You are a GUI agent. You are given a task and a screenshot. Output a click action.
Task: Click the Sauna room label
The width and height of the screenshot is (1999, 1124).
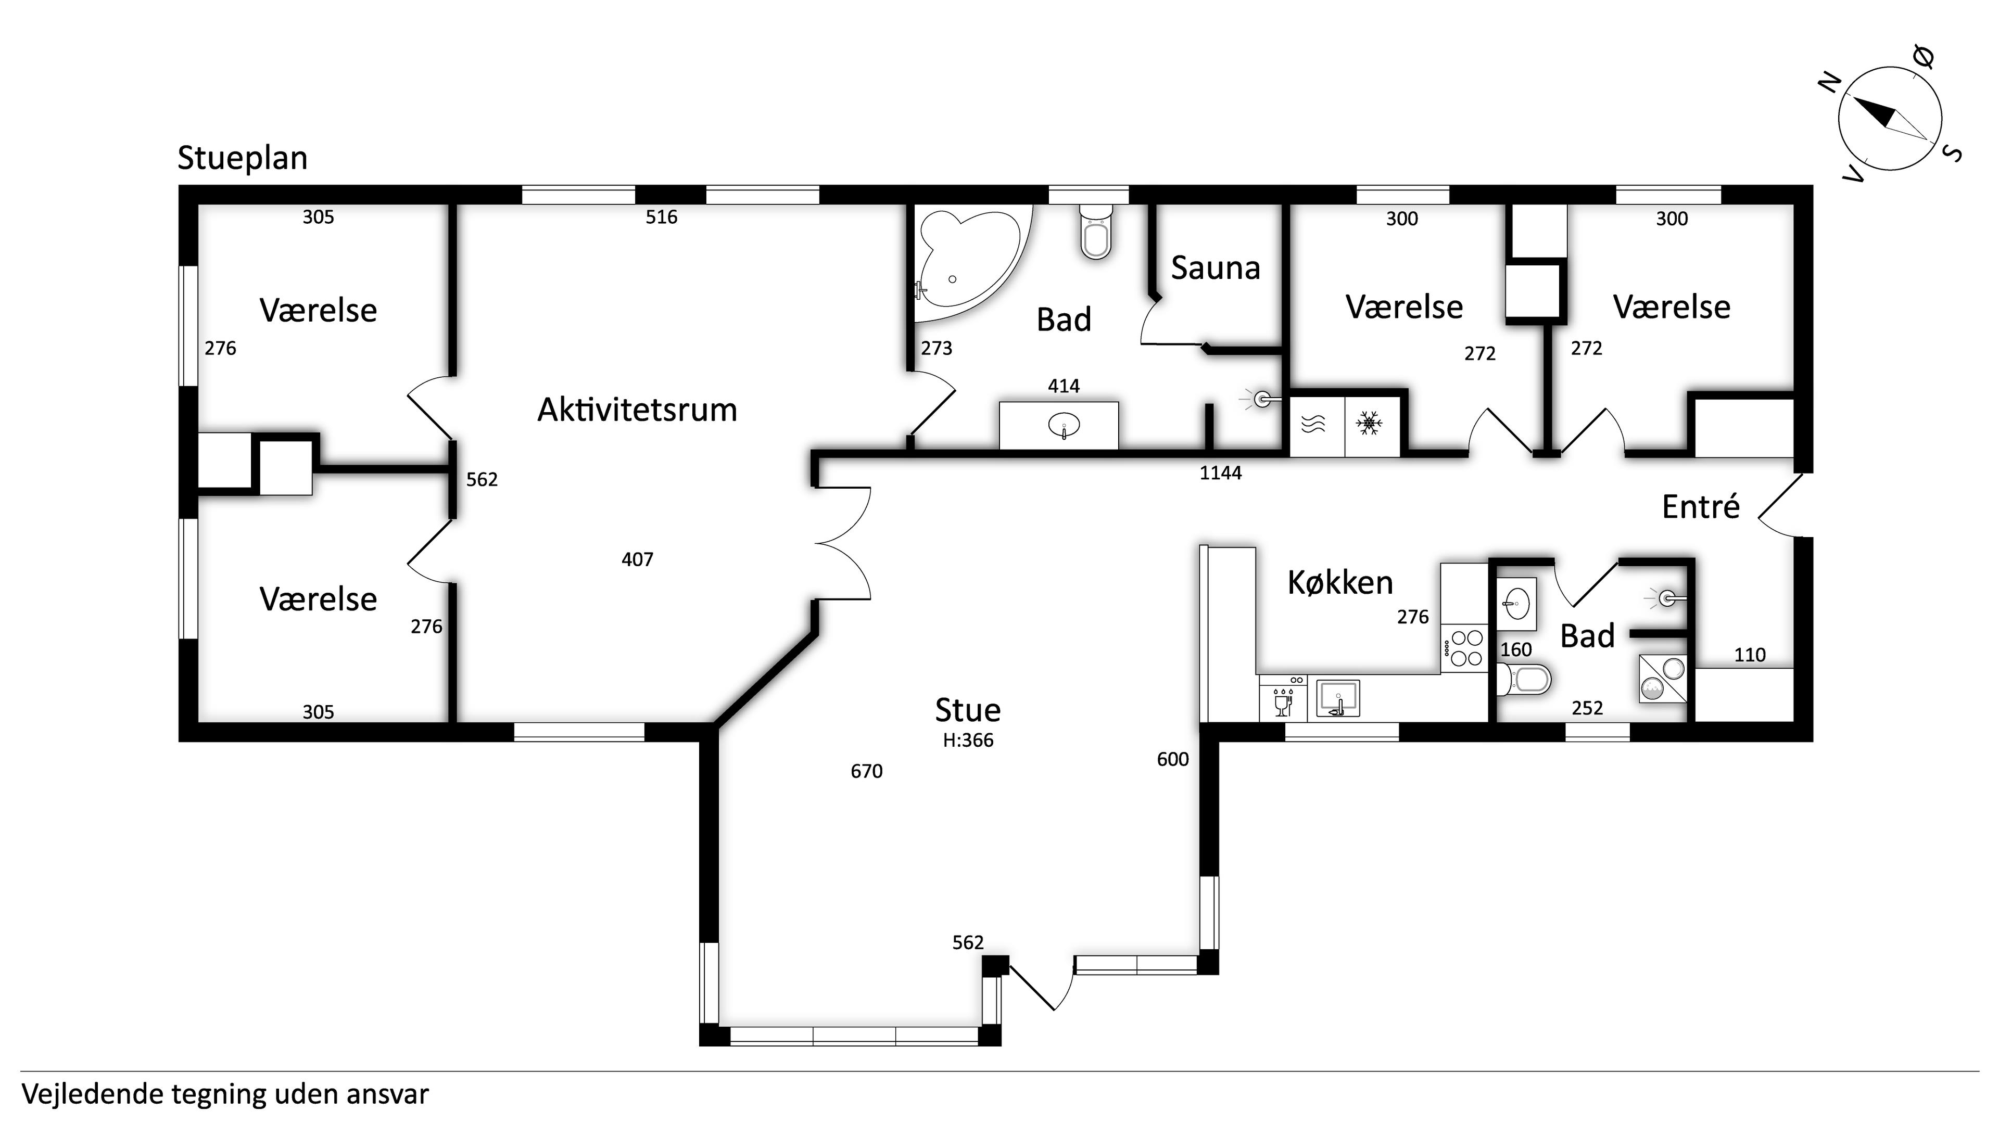pyautogui.click(x=1215, y=269)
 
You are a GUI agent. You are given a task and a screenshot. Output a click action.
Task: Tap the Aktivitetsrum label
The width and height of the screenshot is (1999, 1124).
pyautogui.click(x=637, y=410)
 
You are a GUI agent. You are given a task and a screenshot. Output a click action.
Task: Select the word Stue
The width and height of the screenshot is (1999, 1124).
pyautogui.click(x=968, y=710)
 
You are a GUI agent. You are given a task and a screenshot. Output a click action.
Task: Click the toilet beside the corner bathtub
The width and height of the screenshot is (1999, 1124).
pyautogui.click(x=1096, y=231)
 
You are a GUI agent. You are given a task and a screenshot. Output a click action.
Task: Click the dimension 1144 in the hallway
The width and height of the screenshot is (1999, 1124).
pyautogui.click(x=1221, y=473)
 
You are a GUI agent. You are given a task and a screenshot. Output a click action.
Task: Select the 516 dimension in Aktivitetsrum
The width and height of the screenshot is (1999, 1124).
pyautogui.click(x=661, y=217)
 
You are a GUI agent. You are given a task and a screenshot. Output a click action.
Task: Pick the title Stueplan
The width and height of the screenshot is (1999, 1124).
pyautogui.click(x=242, y=158)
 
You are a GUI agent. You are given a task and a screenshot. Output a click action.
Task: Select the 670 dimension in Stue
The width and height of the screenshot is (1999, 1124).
pyautogui.click(x=867, y=771)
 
